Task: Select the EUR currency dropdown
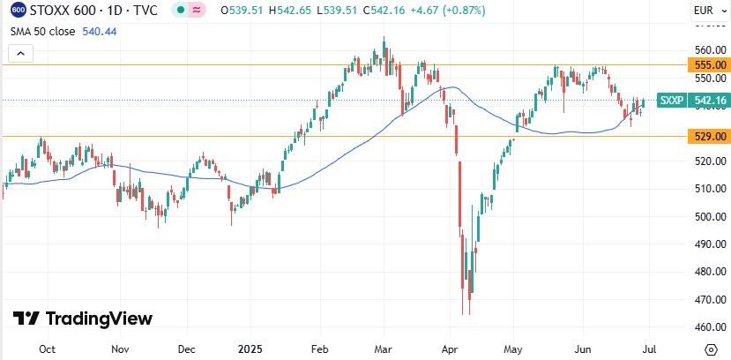pos(707,11)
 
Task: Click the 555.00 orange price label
pos(711,65)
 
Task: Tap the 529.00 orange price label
pos(711,136)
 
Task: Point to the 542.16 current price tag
pos(711,101)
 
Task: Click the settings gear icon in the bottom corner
pos(710,349)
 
